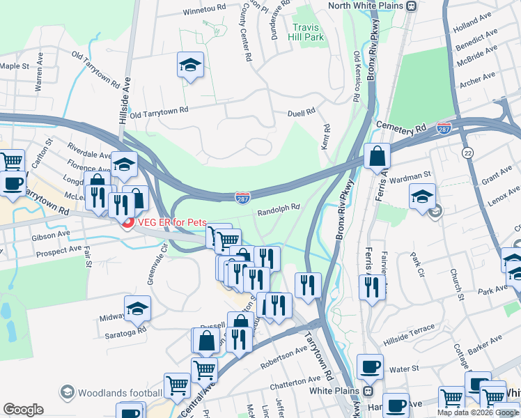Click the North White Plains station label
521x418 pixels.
point(366,6)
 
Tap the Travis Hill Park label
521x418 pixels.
point(307,31)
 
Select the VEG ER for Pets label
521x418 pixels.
point(173,222)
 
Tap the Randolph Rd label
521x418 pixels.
point(279,207)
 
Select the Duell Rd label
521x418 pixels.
point(302,111)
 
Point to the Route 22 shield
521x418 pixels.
point(466,152)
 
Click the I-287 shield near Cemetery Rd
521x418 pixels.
point(444,128)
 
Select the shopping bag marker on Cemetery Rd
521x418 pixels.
point(377,157)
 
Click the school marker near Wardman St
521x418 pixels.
point(422,196)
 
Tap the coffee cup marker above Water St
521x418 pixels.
point(370,366)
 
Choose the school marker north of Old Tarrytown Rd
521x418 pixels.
point(190,65)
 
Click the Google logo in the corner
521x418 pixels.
point(23,409)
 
